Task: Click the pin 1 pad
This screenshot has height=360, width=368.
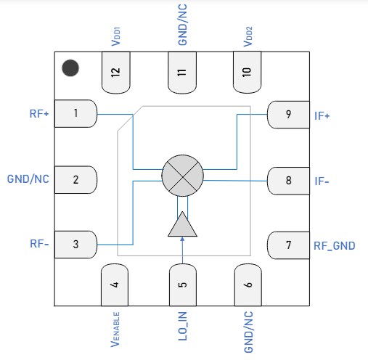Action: [x=75, y=113]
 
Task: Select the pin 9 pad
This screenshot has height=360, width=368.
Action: [x=288, y=114]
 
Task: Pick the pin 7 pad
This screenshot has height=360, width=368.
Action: [x=288, y=245]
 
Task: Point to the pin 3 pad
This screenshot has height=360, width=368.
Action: [x=75, y=245]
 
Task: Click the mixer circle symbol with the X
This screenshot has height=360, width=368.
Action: [x=182, y=175]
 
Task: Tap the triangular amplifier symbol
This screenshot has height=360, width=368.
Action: [x=182, y=225]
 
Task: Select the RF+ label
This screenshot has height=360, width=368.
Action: [x=37, y=113]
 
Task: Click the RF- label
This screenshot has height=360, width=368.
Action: [x=39, y=245]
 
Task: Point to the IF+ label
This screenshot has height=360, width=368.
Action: [x=322, y=115]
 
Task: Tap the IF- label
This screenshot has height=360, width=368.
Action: [x=322, y=180]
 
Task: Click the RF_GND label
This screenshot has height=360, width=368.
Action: [x=334, y=246]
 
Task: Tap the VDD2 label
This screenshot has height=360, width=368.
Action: [x=248, y=37]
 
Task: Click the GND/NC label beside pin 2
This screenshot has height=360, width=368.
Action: [x=28, y=179]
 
